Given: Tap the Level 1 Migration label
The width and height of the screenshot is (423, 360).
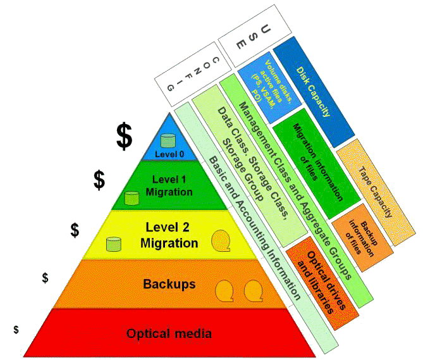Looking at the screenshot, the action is [169, 185].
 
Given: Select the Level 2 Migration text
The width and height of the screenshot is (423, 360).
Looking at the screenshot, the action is [169, 235].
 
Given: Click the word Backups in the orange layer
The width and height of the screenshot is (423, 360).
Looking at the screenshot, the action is [169, 284].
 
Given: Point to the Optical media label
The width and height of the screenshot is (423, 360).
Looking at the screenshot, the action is [169, 333].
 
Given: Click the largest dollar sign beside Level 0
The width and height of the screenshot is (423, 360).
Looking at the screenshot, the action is [125, 136].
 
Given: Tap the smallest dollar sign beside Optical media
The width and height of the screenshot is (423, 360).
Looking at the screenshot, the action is [16, 330].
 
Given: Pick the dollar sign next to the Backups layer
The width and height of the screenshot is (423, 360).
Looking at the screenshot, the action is [45, 278].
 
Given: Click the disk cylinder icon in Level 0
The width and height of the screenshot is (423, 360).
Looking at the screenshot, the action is [168, 140].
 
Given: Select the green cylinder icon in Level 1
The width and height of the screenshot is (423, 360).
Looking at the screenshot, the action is [132, 199].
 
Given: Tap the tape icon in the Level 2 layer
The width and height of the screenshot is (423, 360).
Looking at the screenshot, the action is [221, 241].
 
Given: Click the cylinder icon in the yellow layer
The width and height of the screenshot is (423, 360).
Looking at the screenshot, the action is [114, 244].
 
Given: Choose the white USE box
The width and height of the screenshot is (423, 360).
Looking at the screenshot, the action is [255, 36].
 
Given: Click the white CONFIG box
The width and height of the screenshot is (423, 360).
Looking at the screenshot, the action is [193, 74].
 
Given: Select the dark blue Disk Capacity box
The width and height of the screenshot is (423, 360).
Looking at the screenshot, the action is [314, 92].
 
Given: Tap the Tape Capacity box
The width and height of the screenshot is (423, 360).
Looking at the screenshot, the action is [376, 192].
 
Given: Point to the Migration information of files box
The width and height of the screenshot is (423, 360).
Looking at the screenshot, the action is [317, 163].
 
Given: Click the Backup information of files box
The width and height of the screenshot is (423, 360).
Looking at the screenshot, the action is [362, 237].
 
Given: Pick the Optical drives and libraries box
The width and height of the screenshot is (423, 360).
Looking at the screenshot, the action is [322, 283].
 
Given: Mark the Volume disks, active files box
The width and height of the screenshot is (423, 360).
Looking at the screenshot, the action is [269, 87].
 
